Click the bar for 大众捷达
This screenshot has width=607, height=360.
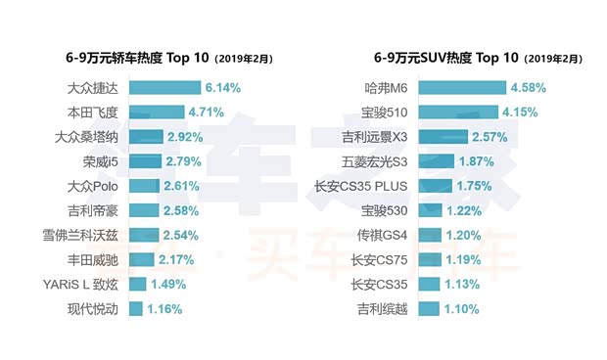coord(164,87)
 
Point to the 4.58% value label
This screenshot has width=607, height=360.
coord(528,87)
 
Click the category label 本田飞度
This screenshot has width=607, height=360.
coord(92,112)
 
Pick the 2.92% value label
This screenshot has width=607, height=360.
coord(186,137)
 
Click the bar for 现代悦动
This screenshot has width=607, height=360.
coord(136,309)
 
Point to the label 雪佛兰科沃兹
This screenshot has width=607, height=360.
coord(78,235)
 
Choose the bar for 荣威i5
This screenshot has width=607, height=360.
coord(146,161)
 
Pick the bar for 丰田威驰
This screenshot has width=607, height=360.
coord(142,259)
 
